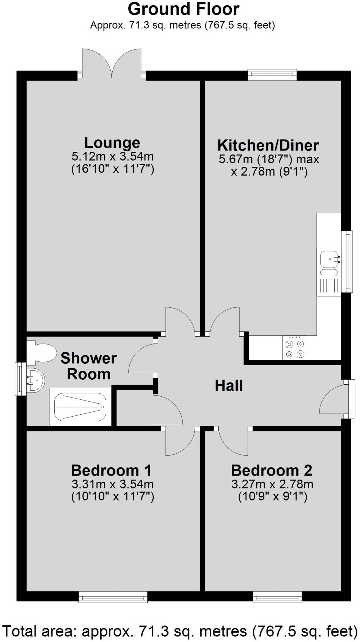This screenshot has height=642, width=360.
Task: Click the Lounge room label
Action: [112, 143]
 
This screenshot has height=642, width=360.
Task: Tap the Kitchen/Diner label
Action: [268, 145]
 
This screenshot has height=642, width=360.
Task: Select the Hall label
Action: [229, 386]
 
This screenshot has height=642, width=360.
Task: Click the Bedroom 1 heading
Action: [111, 471]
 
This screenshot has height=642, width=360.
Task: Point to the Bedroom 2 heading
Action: [272, 471]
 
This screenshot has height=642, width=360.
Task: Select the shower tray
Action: [80, 407]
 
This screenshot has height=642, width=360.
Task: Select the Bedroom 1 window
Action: [113, 597]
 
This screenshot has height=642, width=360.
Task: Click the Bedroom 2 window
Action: [277, 597]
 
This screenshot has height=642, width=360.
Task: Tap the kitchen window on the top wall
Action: [272, 75]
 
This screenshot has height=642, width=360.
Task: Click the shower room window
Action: [21, 379]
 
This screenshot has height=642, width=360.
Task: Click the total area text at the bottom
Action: [180, 631]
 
